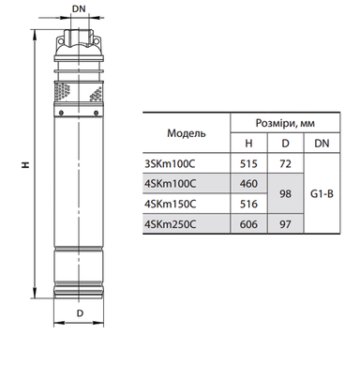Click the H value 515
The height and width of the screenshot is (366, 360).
(x=248, y=164)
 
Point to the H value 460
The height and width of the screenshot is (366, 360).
(x=248, y=184)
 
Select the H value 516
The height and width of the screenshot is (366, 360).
(x=248, y=204)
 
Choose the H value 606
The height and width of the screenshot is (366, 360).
(x=248, y=224)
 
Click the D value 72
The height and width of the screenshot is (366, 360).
(x=285, y=164)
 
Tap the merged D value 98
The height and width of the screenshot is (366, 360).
(x=285, y=194)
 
